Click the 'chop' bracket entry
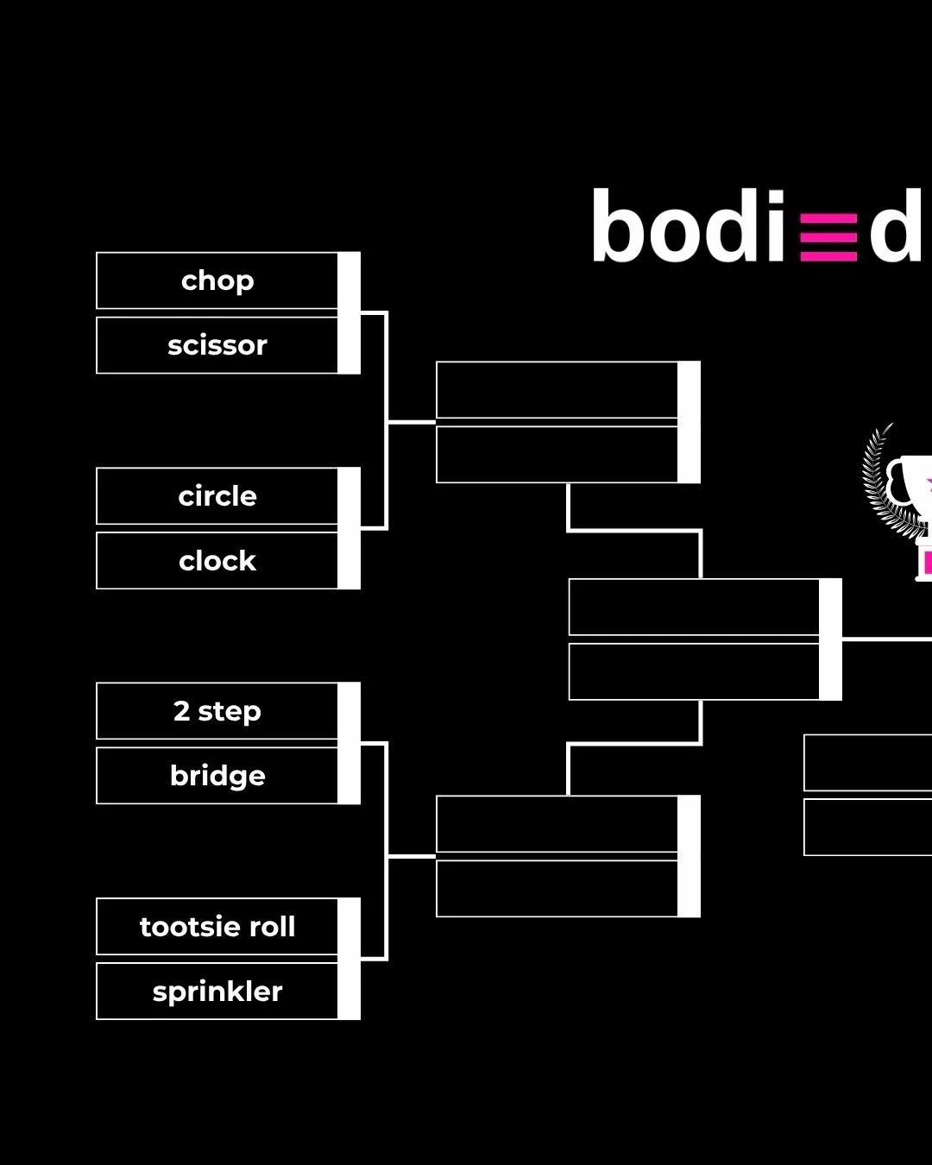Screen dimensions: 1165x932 click(x=217, y=280)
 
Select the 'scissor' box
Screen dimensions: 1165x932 click(x=217, y=345)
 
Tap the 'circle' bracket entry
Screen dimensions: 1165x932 click(x=217, y=496)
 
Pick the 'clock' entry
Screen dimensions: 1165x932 click(x=217, y=561)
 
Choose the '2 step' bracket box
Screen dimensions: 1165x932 click(x=217, y=711)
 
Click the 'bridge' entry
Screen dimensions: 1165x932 click(x=217, y=776)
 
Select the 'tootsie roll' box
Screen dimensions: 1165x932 click(x=217, y=927)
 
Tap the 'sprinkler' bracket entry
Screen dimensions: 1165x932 click(x=217, y=992)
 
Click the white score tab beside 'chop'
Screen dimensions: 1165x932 click(x=349, y=280)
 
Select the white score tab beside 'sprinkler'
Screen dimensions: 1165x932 click(x=349, y=992)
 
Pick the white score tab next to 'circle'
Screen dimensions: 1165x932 click(x=349, y=496)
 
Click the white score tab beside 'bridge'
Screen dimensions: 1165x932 click(x=349, y=776)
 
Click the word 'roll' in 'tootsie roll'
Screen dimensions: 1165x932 click(x=272, y=927)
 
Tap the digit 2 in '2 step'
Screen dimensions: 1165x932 click(x=181, y=711)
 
